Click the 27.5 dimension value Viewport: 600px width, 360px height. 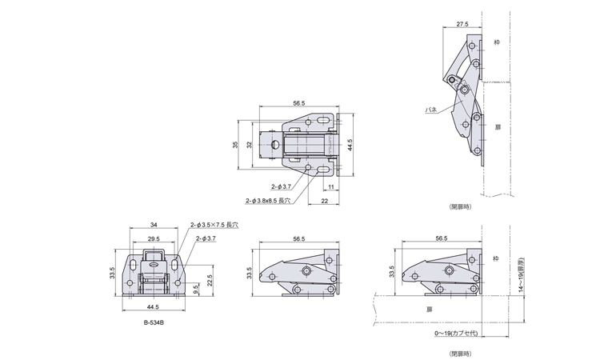pos(463,25)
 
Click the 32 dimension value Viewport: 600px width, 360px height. pos(250,145)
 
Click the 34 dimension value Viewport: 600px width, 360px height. pos(152,226)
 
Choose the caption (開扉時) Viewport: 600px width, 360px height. pos(461,206)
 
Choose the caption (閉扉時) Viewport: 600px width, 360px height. pos(461,352)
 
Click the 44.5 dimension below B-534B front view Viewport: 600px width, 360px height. pos(152,306)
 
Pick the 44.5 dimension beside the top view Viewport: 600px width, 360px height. pos(350,145)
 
